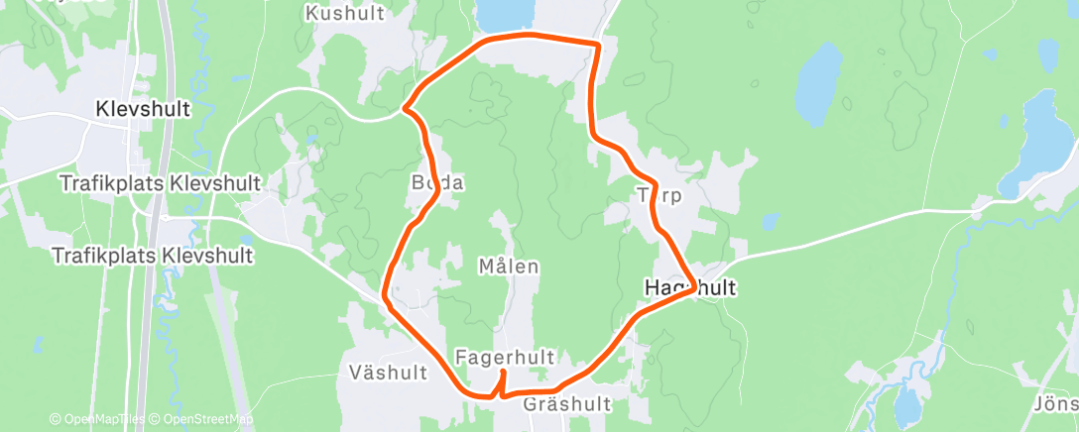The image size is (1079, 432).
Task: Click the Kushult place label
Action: coord(344,14)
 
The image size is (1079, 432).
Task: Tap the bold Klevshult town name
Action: coord(143,110)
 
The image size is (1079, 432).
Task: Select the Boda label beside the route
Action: coord(437,183)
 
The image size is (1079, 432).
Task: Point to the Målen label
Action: coord(508,267)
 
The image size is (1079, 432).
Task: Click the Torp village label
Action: coord(660,195)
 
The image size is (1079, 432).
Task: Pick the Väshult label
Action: coord(388,373)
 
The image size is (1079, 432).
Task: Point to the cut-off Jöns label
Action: coord(1056,405)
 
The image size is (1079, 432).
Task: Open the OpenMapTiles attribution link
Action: coord(99,420)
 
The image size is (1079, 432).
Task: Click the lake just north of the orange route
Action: coord(506,14)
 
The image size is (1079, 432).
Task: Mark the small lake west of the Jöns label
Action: coord(906,406)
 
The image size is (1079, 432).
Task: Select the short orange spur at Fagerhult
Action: coord(503,381)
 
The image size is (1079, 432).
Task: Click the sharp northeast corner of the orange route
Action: coord(599,44)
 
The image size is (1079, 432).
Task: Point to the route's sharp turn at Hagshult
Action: coord(691,290)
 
